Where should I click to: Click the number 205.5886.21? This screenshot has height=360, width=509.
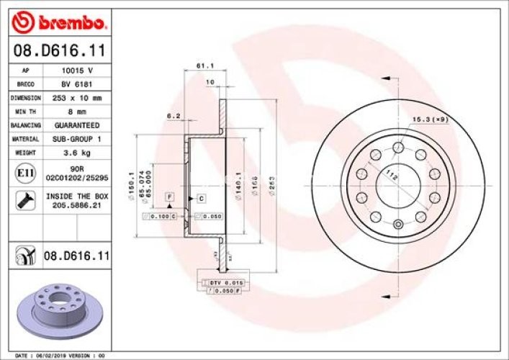77,204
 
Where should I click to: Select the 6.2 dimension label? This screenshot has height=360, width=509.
173,115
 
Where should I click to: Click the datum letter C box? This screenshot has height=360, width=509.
201,198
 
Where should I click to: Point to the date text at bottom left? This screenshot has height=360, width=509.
60,355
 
